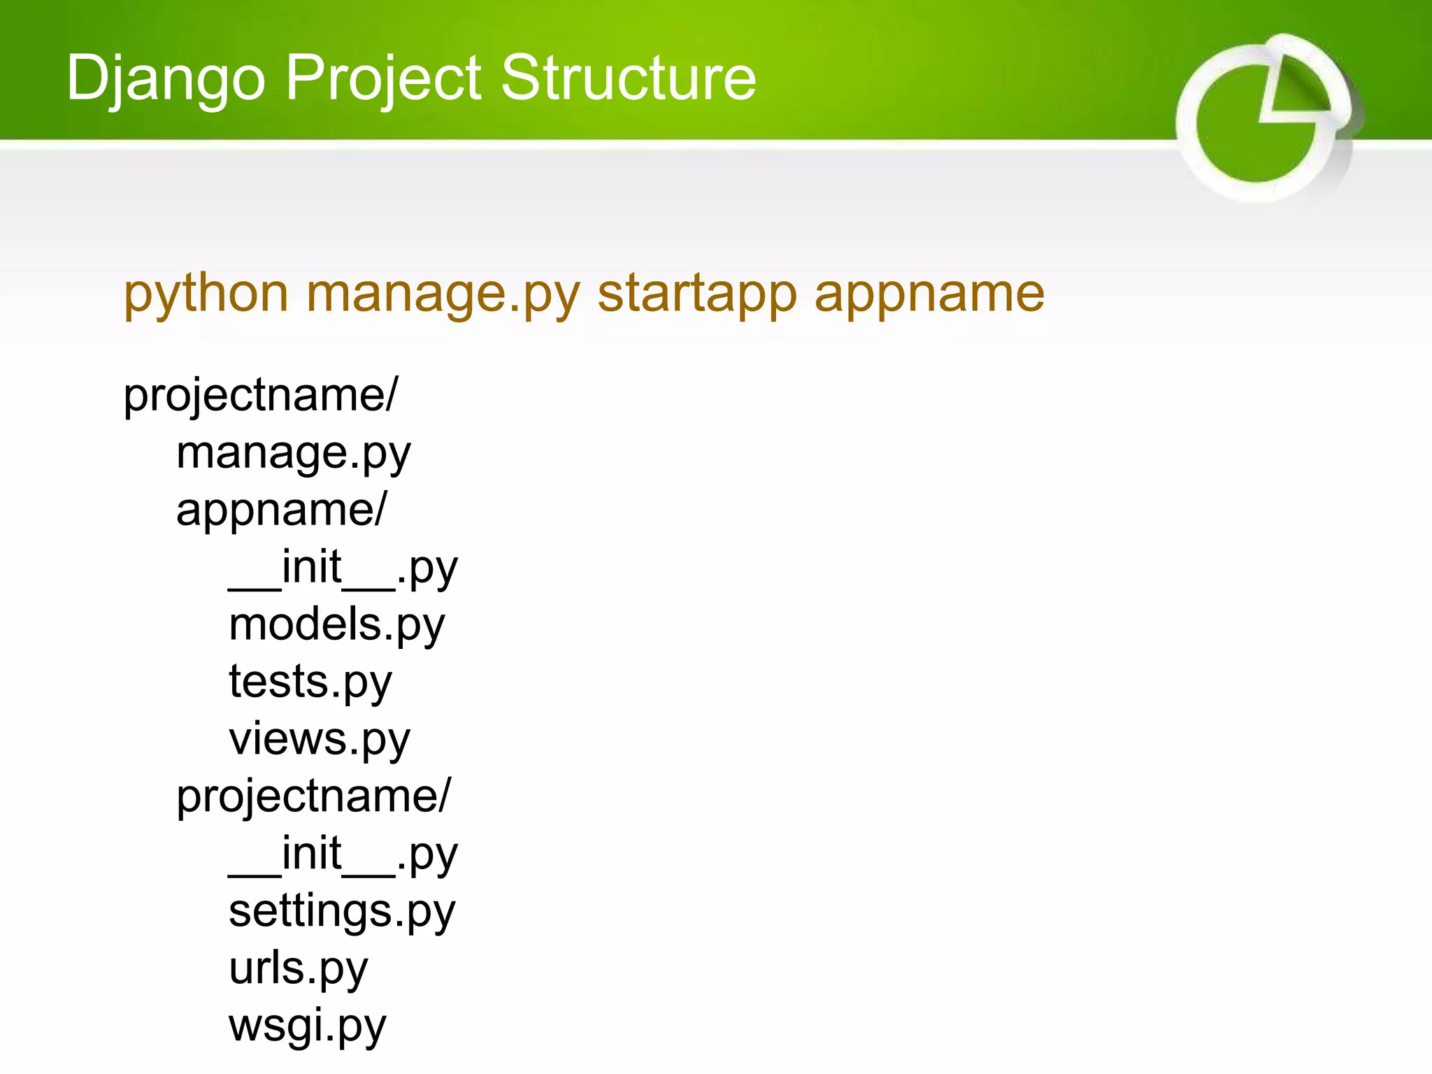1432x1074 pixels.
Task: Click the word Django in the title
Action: (166, 78)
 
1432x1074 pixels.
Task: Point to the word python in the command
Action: (206, 294)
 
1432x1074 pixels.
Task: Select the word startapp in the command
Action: (697, 294)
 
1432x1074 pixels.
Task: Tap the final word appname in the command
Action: (929, 294)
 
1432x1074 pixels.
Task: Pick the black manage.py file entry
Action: (294, 454)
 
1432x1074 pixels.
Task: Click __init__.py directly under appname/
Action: (343, 568)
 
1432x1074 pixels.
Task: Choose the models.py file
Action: (336, 625)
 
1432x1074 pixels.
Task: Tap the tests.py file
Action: (310, 682)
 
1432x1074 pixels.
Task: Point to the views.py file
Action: (320, 740)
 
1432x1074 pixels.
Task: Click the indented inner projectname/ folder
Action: (313, 797)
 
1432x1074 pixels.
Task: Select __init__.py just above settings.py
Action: (343, 854)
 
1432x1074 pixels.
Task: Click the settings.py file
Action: (342, 912)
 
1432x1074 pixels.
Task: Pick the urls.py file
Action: (298, 969)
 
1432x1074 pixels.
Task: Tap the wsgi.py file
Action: (307, 1026)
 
